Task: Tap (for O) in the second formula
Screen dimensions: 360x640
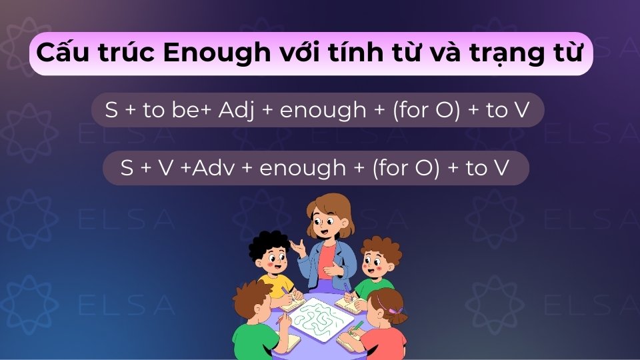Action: (406, 168)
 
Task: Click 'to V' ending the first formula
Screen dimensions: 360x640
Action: (507, 110)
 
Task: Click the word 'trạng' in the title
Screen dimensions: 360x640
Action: (506, 53)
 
